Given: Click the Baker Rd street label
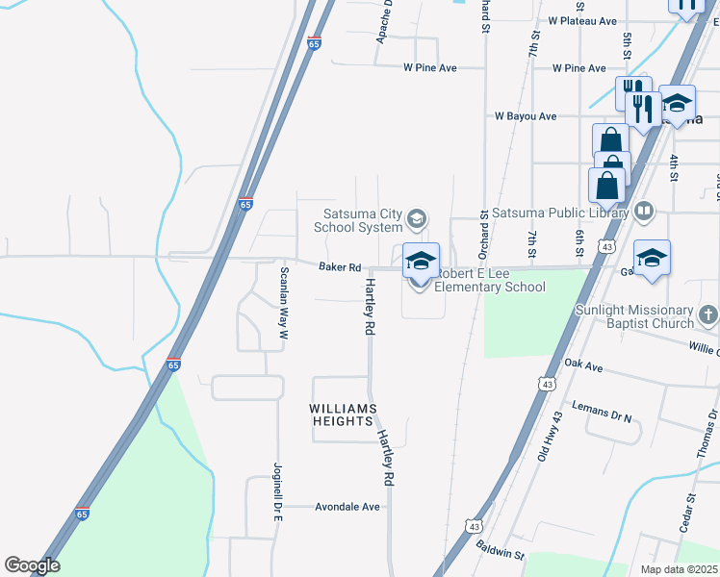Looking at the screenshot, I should (x=340, y=267).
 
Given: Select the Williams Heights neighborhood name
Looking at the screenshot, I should (x=341, y=414).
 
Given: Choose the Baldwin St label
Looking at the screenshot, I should (x=499, y=550).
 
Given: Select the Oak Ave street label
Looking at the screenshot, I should (x=583, y=366).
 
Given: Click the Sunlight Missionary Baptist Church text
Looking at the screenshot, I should (x=633, y=317).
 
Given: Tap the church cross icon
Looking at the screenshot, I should (x=707, y=314).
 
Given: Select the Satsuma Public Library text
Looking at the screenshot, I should (x=559, y=213).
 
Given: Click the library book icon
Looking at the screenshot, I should (x=644, y=212).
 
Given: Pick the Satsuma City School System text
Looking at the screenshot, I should (x=358, y=221).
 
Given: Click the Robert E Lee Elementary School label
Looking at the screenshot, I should (x=489, y=280).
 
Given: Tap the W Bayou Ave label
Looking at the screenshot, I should (x=526, y=116).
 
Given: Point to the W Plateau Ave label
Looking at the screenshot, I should (x=581, y=20).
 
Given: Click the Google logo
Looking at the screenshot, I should (x=32, y=565).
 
